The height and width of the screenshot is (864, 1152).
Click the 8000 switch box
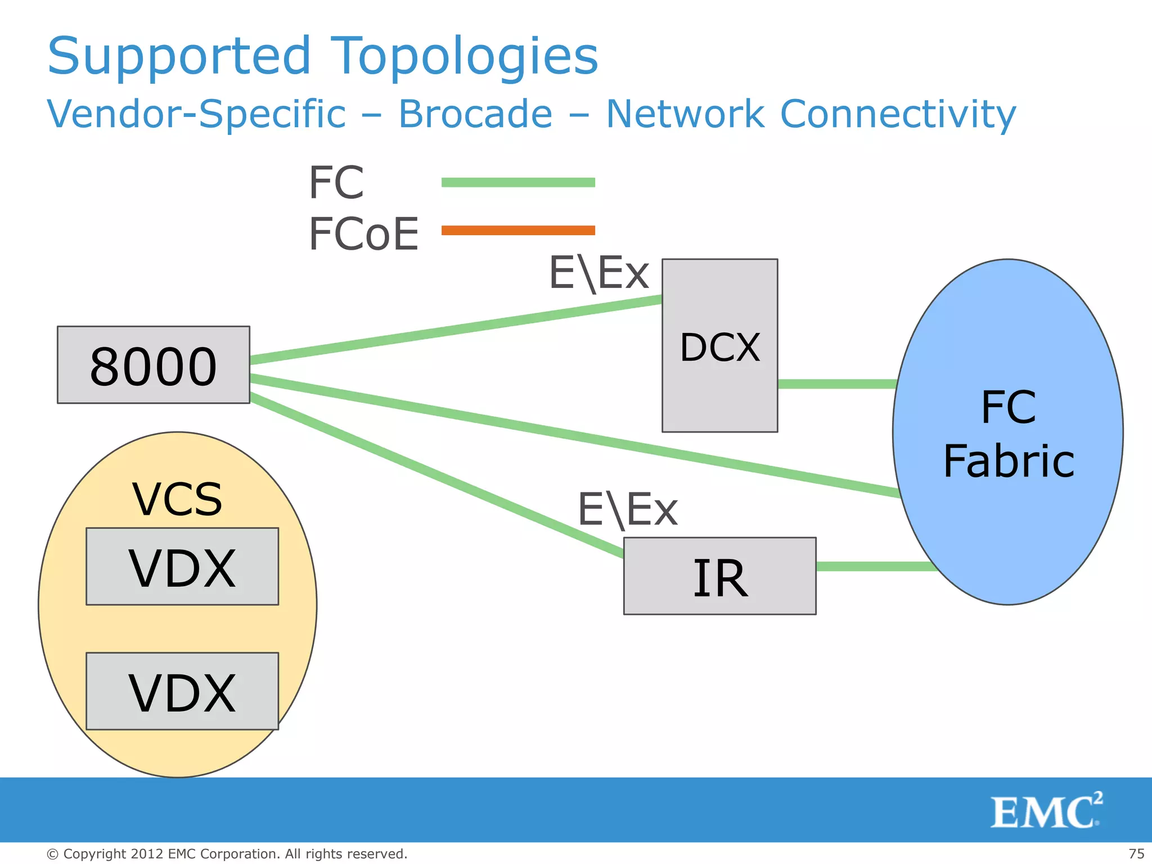tap(153, 365)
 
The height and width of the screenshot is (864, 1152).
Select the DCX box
tap(719, 346)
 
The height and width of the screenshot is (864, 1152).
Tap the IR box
tap(719, 577)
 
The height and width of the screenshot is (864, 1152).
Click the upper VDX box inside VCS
tap(182, 567)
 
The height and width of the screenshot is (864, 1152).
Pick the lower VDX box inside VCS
tap(182, 692)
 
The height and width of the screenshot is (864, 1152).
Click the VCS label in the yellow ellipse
tap(177, 499)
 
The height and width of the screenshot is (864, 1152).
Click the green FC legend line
tap(518, 182)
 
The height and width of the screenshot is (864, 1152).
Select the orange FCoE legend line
tap(518, 230)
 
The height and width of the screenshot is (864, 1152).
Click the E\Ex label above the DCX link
tap(598, 273)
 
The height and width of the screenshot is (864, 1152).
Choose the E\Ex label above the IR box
tap(628, 510)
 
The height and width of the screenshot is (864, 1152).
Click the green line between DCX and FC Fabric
tap(836, 384)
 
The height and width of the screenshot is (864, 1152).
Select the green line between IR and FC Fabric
tap(875, 566)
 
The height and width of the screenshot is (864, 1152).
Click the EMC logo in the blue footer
tap(1046, 811)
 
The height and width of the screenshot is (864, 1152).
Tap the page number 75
tap(1136, 854)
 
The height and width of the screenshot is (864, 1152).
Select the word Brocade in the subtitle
tap(475, 114)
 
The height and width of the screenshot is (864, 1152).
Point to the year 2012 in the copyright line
tap(147, 854)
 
